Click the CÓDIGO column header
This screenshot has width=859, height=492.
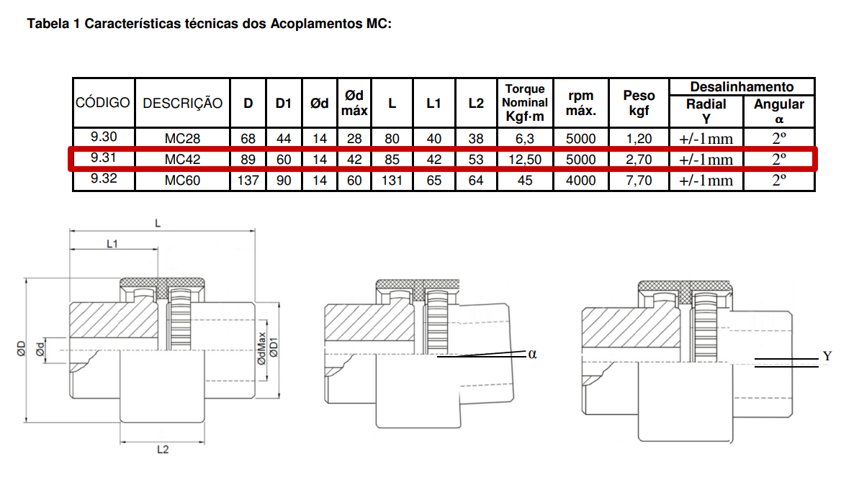pyautogui.click(x=102, y=103)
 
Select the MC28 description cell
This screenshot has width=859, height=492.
pyautogui.click(x=182, y=138)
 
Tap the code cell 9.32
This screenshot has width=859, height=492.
pyautogui.click(x=104, y=178)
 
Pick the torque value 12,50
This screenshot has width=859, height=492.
pyautogui.click(x=525, y=159)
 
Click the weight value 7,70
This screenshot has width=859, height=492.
pyautogui.click(x=639, y=180)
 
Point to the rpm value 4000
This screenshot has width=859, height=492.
pyautogui.click(x=580, y=180)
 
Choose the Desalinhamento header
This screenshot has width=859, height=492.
pyautogui.click(x=742, y=86)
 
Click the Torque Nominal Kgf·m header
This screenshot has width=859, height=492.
pyautogui.click(x=525, y=102)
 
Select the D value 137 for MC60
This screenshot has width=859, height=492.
pyautogui.click(x=248, y=180)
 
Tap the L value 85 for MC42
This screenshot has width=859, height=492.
pyautogui.click(x=392, y=159)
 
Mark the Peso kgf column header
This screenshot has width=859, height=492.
pyautogui.click(x=639, y=103)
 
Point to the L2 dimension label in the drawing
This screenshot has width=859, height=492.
pyautogui.click(x=163, y=450)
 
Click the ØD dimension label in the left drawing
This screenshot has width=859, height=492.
pyautogui.click(x=22, y=349)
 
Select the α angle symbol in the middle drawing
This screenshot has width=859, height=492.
pyautogui.click(x=533, y=354)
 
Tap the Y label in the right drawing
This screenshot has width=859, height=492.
pyautogui.click(x=827, y=356)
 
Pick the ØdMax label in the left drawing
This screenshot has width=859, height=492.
pyautogui.click(x=261, y=349)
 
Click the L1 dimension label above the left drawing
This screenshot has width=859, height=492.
pyautogui.click(x=112, y=244)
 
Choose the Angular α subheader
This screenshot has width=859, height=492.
pyautogui.click(x=778, y=111)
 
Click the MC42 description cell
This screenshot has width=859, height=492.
pyautogui.click(x=182, y=159)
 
